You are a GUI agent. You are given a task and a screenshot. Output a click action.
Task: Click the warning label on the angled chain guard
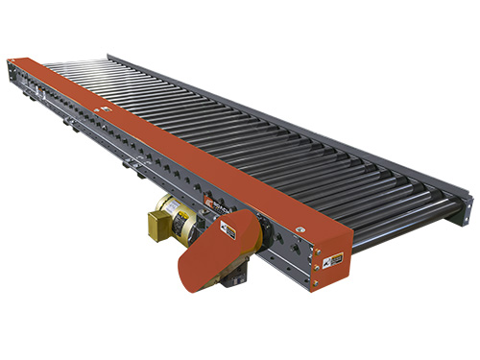[228, 230]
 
